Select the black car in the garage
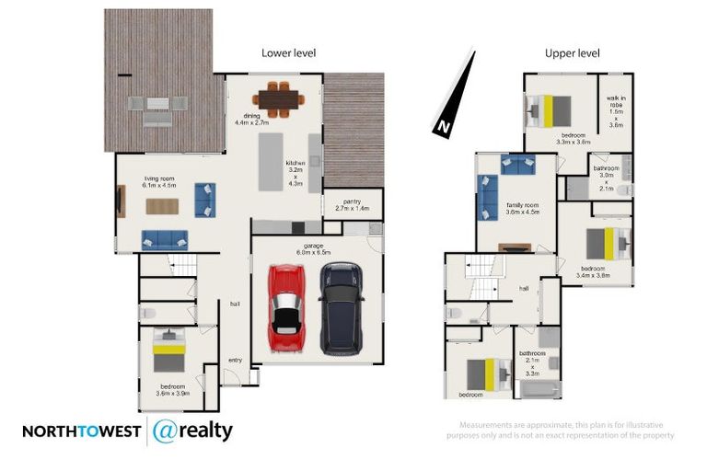pyautogui.click(x=342, y=309)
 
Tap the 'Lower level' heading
pyautogui.click(x=288, y=53)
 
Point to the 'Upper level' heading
pyautogui.click(x=572, y=53)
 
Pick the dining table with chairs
pyautogui.click(x=277, y=96)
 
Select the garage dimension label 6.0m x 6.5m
pyautogui.click(x=313, y=247)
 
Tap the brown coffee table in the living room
pyautogui.click(x=162, y=206)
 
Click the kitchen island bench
pyautogui.click(x=271, y=162)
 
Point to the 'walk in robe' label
pyautogui.click(x=616, y=109)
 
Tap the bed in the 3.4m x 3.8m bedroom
pyautogui.click(x=608, y=245)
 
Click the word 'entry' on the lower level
pyautogui.click(x=235, y=360)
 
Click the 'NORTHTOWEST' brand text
pyautogui.click(x=81, y=431)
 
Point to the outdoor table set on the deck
pyautogui.click(x=156, y=110)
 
